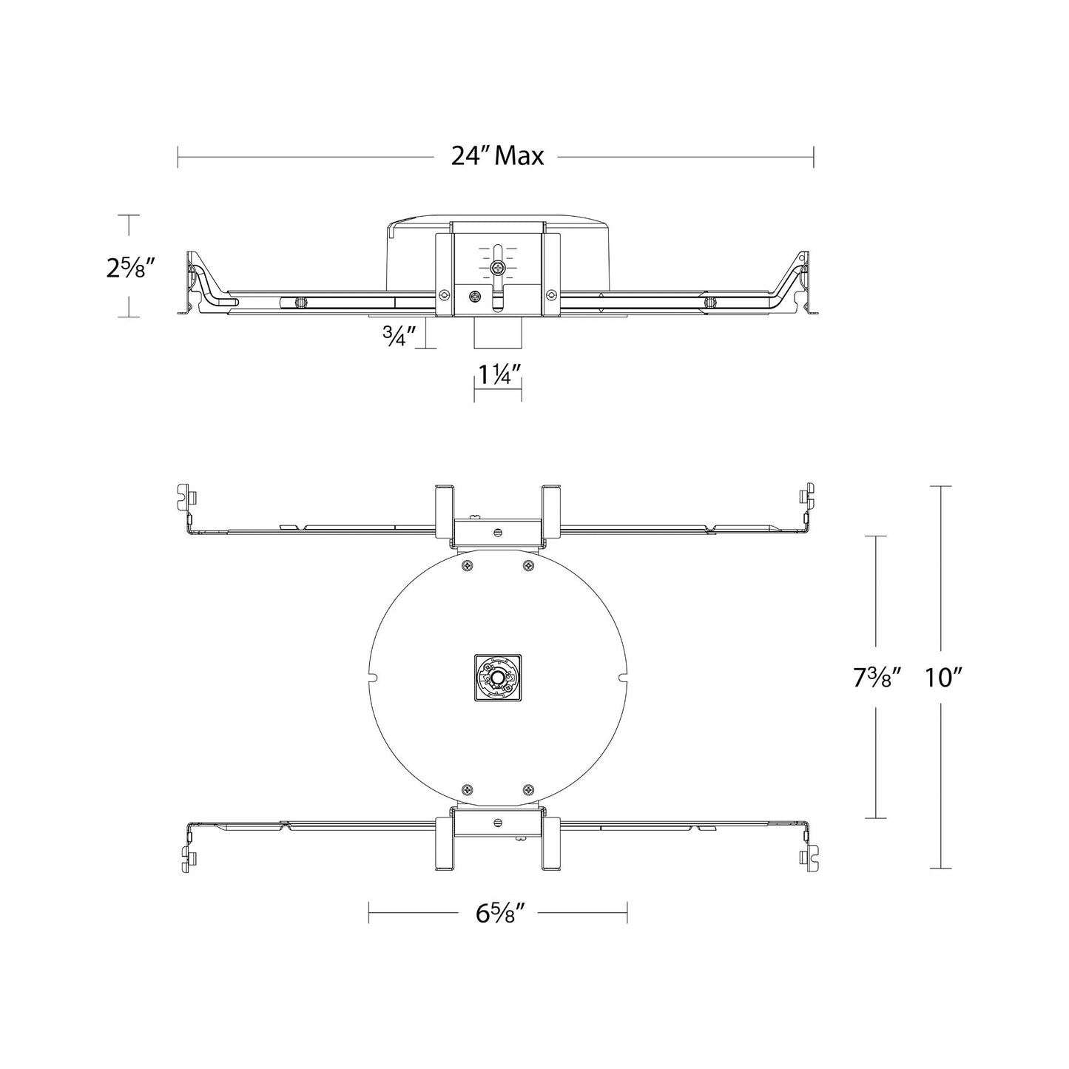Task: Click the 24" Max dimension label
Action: tap(497, 156)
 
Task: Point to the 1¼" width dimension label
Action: tap(498, 376)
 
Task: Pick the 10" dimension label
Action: tap(941, 677)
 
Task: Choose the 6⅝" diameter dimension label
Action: tap(497, 913)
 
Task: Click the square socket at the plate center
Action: tap(498, 678)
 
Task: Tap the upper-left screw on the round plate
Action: tap(467, 566)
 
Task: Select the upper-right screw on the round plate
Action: tap(528, 566)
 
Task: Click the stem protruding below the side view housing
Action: tap(498, 334)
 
